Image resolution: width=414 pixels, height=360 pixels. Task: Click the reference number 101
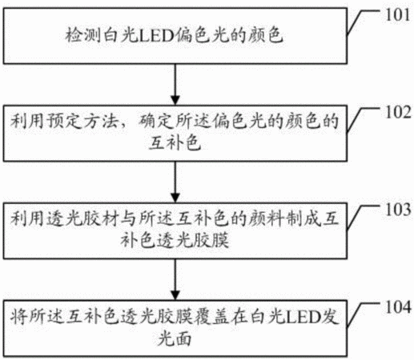click(398, 15)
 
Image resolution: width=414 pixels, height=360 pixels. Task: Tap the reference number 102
click(398, 112)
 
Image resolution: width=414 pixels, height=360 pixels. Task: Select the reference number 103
click(398, 210)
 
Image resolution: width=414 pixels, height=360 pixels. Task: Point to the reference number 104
click(398, 307)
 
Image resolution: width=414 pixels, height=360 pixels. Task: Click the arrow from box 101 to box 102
click(175, 84)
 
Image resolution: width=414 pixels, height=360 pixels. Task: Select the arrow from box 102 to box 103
click(175, 182)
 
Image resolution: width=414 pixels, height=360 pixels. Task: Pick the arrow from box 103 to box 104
click(175, 279)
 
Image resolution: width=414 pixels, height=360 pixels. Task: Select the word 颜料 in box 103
click(266, 219)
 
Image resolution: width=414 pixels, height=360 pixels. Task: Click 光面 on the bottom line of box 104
click(175, 338)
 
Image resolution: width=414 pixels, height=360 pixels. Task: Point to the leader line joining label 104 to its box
click(362, 314)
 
